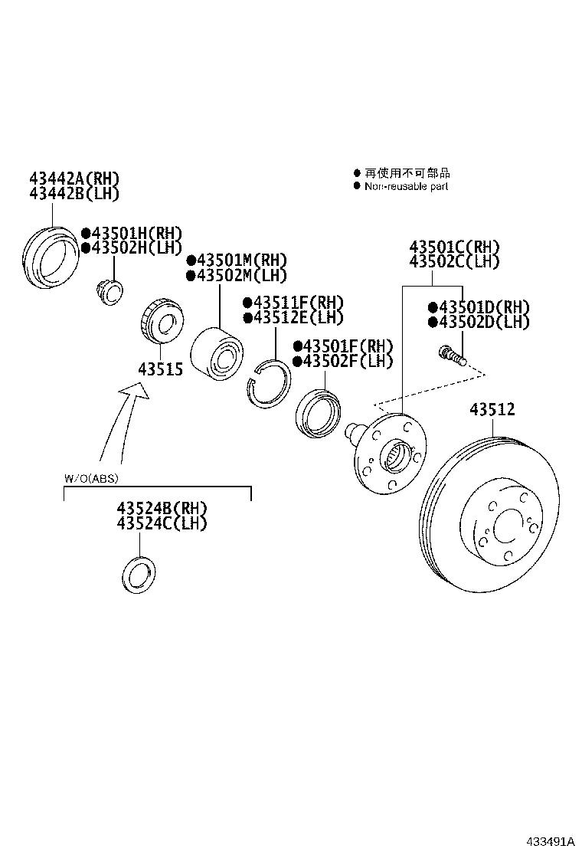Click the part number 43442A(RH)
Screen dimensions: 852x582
point(74,179)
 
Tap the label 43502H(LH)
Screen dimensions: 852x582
point(132,247)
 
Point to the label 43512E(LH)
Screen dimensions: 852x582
point(293,317)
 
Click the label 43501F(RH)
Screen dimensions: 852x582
point(342,346)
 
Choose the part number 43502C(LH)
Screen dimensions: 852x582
point(453,261)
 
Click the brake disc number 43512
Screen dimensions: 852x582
point(492,410)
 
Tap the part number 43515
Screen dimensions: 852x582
point(160,369)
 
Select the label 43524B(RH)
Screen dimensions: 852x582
point(162,509)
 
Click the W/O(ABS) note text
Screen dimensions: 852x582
point(90,479)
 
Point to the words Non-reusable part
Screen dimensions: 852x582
point(406,186)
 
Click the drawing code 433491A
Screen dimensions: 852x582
point(549,841)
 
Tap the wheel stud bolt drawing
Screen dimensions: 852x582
point(452,356)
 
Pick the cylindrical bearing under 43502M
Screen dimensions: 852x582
point(217,352)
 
